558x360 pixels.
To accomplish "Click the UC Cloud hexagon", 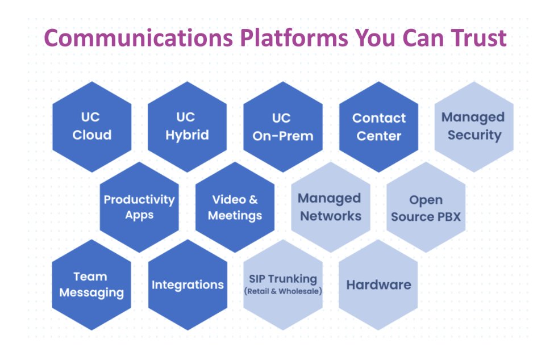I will tap(91, 127).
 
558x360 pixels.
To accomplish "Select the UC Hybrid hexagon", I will tap(187, 127).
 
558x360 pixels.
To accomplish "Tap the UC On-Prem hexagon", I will tap(282, 127).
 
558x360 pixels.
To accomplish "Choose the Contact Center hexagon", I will tap(378, 127).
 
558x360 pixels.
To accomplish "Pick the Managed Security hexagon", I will tap(474, 127).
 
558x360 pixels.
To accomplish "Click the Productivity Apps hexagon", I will tap(139, 207).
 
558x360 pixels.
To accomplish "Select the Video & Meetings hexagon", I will tap(235, 207).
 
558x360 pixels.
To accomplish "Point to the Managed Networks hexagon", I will tap(331, 207).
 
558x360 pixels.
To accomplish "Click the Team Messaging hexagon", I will tap(91, 285).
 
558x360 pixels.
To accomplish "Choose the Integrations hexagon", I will tap(187, 285).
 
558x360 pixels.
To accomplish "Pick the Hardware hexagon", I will tap(378, 285).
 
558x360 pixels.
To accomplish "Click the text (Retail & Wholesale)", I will tap(283, 292).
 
